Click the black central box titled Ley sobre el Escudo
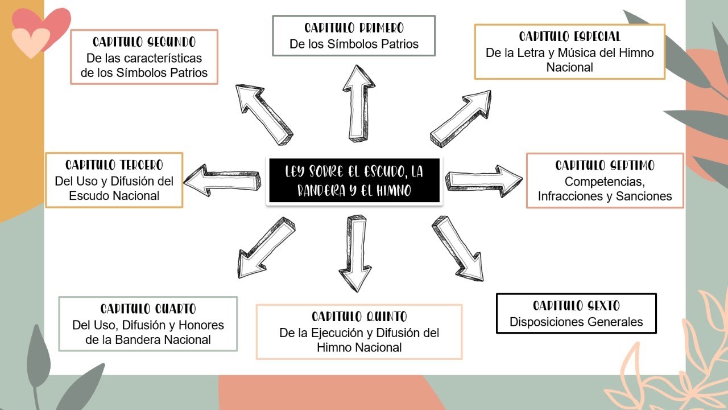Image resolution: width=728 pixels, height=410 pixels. pyautogui.click(x=353, y=181)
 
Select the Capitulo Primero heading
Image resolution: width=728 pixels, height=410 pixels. pyautogui.click(x=354, y=28)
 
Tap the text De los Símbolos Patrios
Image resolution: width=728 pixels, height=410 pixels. pyautogui.click(x=354, y=44)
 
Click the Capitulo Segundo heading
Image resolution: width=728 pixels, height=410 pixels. pyautogui.click(x=144, y=42)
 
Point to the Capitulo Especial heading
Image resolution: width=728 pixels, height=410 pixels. pyautogui.click(x=569, y=37)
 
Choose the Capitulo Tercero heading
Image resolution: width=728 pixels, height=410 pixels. pyautogui.click(x=114, y=165)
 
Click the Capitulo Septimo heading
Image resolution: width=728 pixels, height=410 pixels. pyautogui.click(x=605, y=166)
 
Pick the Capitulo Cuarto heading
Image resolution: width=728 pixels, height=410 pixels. pyautogui.click(x=148, y=309)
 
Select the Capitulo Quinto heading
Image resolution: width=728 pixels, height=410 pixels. pyautogui.click(x=359, y=317)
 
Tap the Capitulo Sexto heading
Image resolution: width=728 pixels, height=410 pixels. pyautogui.click(x=576, y=306)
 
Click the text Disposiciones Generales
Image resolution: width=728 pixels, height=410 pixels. pyautogui.click(x=576, y=322)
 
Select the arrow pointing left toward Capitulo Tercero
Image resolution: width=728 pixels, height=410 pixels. pyautogui.click(x=222, y=181)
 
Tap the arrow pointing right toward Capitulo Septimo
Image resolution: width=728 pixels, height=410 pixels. pyautogui.click(x=484, y=179)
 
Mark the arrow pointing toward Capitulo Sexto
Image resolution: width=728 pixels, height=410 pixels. pyautogui.click(x=458, y=247)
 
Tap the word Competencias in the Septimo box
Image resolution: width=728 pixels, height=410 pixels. pyautogui.click(x=605, y=182)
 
